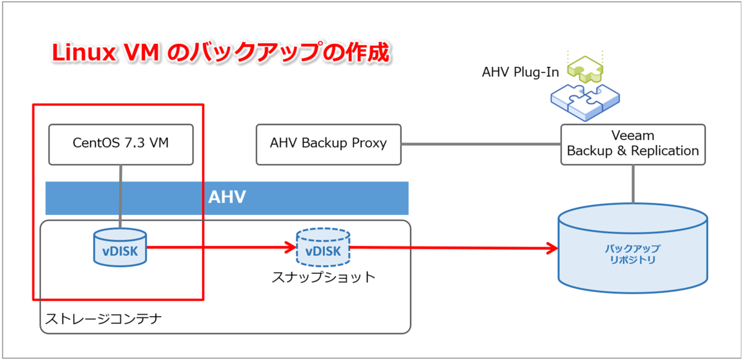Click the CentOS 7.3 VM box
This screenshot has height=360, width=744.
(121, 144)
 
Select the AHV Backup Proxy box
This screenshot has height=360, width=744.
(329, 144)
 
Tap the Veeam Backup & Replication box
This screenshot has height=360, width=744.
(633, 144)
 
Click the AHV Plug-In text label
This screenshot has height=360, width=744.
(520, 72)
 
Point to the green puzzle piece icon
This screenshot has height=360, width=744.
(585, 69)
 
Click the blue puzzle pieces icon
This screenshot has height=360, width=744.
(585, 102)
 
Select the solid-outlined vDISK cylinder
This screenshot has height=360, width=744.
(120, 247)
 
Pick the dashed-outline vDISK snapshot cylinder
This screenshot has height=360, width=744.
(323, 247)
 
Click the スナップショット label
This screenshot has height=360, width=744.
(324, 277)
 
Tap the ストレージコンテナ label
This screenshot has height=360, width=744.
(104, 319)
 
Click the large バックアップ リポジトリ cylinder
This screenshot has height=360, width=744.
(633, 248)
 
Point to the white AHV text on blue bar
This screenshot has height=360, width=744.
(227, 197)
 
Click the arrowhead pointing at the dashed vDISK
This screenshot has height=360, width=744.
(291, 247)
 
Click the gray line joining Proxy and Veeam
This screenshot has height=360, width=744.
(481, 144)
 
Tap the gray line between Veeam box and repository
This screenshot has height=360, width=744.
(633, 184)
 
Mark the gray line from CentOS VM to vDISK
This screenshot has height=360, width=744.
(120, 196)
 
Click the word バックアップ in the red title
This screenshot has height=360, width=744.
(257, 52)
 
